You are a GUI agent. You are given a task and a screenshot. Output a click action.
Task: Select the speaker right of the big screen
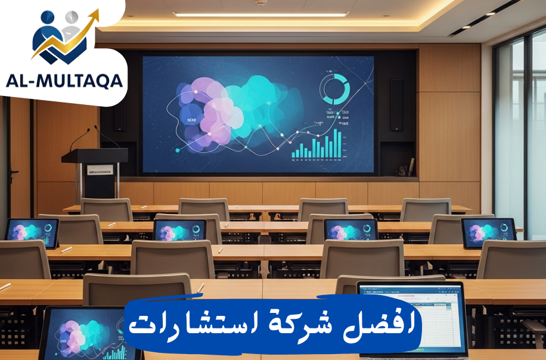click(x=396, y=105)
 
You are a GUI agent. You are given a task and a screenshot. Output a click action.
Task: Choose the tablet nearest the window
click(x=488, y=232)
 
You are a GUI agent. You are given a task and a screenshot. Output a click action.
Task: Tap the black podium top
click(x=95, y=156)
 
